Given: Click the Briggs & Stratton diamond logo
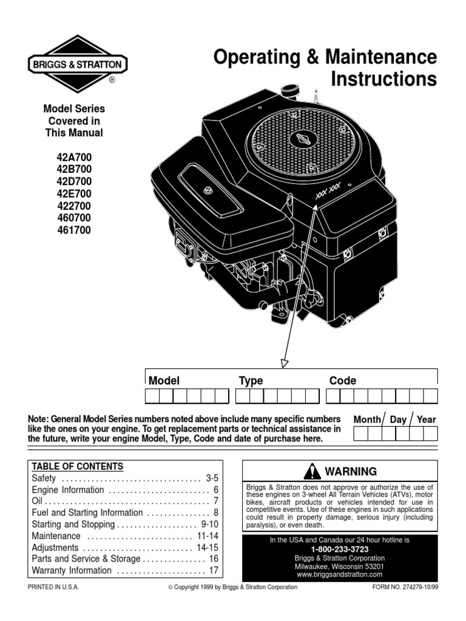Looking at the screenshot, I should pyautogui.click(x=76, y=64).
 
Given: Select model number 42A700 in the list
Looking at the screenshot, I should pyautogui.click(x=73, y=157).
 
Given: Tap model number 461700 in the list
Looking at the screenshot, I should pyautogui.click(x=73, y=230).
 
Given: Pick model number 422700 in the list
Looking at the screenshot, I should pyautogui.click(x=73, y=206).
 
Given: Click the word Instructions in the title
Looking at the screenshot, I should pyautogui.click(x=383, y=79).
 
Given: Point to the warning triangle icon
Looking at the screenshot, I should pyautogui.click(x=312, y=471).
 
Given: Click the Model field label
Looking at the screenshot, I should pyautogui.click(x=164, y=381).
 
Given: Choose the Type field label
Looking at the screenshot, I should pyautogui.click(x=251, y=381).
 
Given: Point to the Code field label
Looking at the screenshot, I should pyautogui.click(x=342, y=381).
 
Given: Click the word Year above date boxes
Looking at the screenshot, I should pyautogui.click(x=426, y=419).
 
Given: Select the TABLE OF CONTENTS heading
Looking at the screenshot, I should pyautogui.click(x=77, y=466).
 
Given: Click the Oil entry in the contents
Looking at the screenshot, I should pyautogui.click(x=37, y=501).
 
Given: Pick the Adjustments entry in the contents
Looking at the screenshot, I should pyautogui.click(x=55, y=547).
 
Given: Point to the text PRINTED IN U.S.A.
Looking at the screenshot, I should pyautogui.click(x=53, y=587).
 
